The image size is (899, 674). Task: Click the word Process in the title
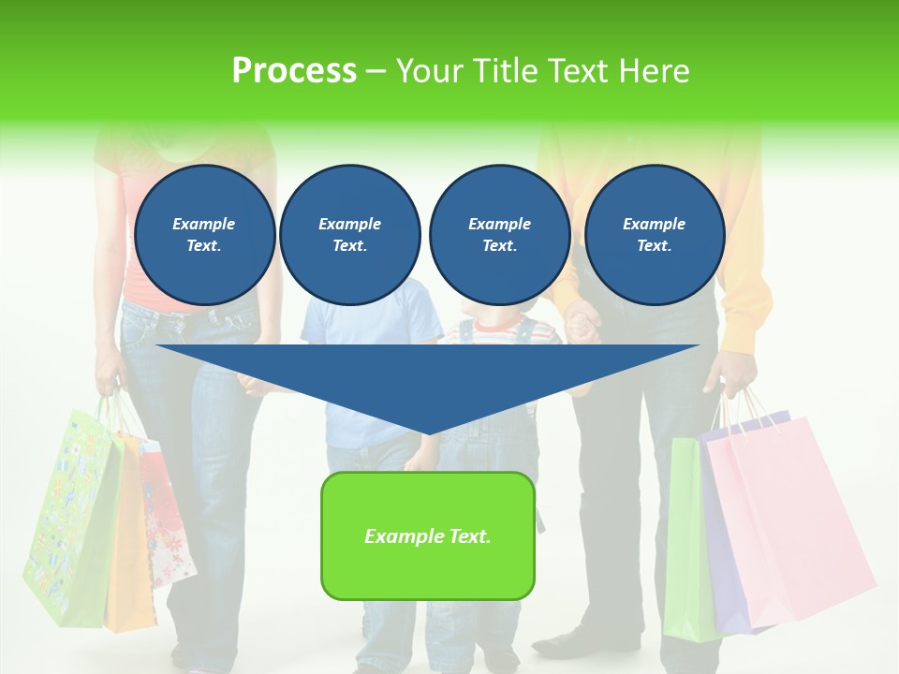[x=294, y=71]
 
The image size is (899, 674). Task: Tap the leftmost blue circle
[x=205, y=235]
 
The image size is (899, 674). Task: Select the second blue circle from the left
[x=349, y=235]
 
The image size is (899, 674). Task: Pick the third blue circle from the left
[x=499, y=235]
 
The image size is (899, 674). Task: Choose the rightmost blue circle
[x=654, y=235]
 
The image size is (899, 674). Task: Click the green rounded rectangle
[x=428, y=535]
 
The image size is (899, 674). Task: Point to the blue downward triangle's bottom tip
[x=428, y=432]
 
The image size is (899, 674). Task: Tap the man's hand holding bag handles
[x=735, y=374]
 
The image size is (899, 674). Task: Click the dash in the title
[x=376, y=71]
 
